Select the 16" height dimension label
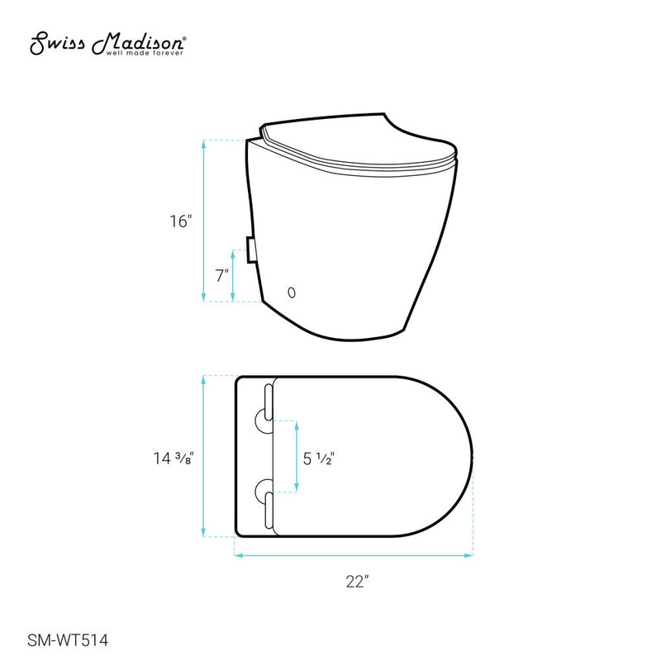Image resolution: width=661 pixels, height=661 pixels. pyautogui.click(x=181, y=221)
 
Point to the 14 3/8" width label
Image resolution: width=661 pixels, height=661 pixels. pyautogui.click(x=174, y=456)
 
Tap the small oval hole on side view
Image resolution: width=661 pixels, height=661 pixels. pyautogui.click(x=291, y=292)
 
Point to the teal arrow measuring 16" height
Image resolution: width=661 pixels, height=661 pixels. pyautogui.click(x=204, y=221)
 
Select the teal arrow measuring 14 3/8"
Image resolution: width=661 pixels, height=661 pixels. pyautogui.click(x=204, y=456)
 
